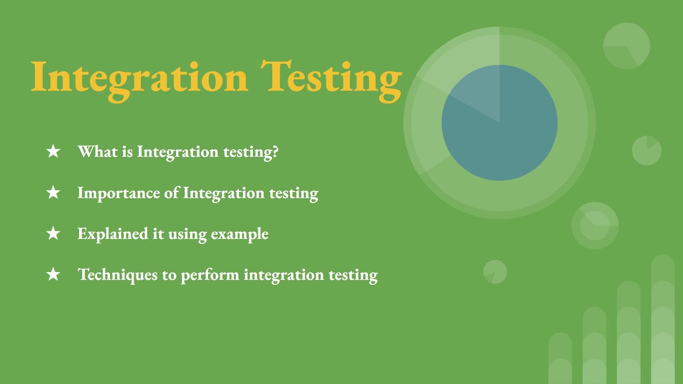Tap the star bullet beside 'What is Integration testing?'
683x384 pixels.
53,151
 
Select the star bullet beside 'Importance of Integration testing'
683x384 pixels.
53,193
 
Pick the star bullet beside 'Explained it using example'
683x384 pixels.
53,234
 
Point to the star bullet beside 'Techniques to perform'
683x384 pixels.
53,275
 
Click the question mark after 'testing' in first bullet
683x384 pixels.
275,151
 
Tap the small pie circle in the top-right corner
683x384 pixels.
626,46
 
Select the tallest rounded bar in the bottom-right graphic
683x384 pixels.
663,320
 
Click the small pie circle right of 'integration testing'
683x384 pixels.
495,272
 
